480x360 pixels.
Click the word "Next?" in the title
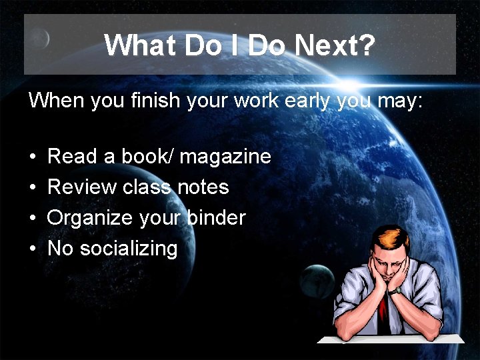(335, 45)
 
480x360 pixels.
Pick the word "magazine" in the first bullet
(225, 157)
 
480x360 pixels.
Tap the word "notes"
(203, 187)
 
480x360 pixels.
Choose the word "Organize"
(90, 218)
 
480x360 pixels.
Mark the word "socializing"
(129, 249)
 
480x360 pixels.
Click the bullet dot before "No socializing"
(32, 249)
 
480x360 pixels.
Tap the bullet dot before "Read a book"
(32, 157)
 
